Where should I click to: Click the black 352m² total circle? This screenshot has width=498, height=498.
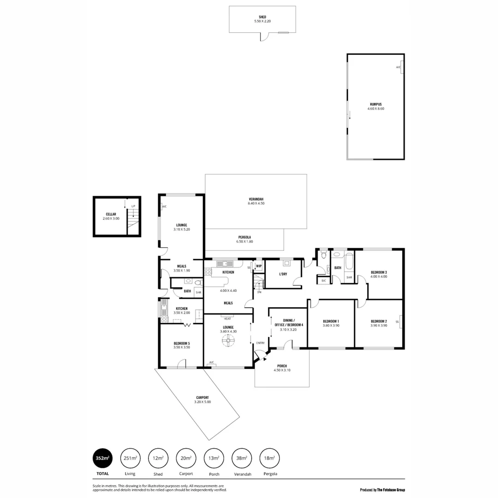pyautogui.click(x=102, y=458)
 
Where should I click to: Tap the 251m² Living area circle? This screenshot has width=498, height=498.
pyautogui.click(x=130, y=458)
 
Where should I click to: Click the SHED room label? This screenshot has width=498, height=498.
pyautogui.click(x=262, y=17)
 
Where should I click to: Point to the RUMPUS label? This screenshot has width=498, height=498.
pyautogui.click(x=376, y=104)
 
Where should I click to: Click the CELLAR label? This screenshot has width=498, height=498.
pyautogui.click(x=111, y=214)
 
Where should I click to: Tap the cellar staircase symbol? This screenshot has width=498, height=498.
pyautogui.click(x=133, y=217)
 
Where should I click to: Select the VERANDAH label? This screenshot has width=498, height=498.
pyautogui.click(x=256, y=199)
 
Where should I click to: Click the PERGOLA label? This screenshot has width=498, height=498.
pyautogui.click(x=245, y=237)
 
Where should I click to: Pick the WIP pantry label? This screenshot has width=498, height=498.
pyautogui.click(x=259, y=266)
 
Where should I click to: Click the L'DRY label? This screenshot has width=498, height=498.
pyautogui.click(x=283, y=274)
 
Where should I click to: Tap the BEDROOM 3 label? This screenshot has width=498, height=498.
pyautogui.click(x=379, y=272)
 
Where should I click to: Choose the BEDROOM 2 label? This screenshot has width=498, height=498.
pyautogui.click(x=379, y=321)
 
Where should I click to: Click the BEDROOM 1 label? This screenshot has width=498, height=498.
pyautogui.click(x=331, y=321)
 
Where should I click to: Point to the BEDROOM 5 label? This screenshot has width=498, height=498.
pyautogui.click(x=182, y=343)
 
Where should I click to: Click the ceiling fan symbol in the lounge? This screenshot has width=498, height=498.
pyautogui.click(x=228, y=341)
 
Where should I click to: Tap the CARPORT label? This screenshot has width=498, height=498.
pyautogui.click(x=202, y=397)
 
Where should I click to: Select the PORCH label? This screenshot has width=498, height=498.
pyautogui.click(x=282, y=366)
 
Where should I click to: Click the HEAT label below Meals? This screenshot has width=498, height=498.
pyautogui.click(x=227, y=319)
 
